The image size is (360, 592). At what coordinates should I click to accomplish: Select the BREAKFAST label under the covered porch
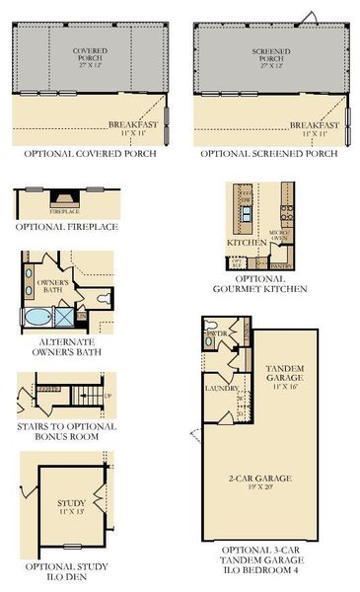133,125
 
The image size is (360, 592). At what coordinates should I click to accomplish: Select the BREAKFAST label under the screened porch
315,125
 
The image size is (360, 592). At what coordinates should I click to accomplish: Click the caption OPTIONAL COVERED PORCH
90,155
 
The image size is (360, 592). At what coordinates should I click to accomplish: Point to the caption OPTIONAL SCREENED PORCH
270,155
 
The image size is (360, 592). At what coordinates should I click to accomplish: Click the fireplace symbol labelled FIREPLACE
66,198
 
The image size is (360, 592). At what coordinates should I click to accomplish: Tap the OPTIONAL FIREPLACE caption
67,227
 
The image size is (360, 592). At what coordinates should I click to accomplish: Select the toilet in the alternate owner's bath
104,299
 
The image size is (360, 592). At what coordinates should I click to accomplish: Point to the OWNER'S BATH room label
52,286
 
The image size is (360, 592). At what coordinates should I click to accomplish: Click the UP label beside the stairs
108,396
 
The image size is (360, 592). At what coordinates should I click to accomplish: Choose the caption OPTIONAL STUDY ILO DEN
67,572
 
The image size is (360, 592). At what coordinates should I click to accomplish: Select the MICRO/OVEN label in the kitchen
278,235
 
